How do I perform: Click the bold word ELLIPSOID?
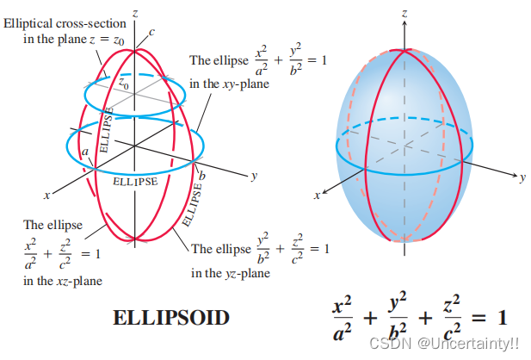click(171, 318)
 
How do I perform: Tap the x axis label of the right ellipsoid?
click(318, 197)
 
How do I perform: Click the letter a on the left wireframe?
click(85, 152)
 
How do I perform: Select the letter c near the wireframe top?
click(151, 33)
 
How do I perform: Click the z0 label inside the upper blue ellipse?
click(123, 84)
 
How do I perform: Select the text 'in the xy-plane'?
click(229, 84)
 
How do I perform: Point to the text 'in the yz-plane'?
click(231, 273)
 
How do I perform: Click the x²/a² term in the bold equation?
click(343, 317)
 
